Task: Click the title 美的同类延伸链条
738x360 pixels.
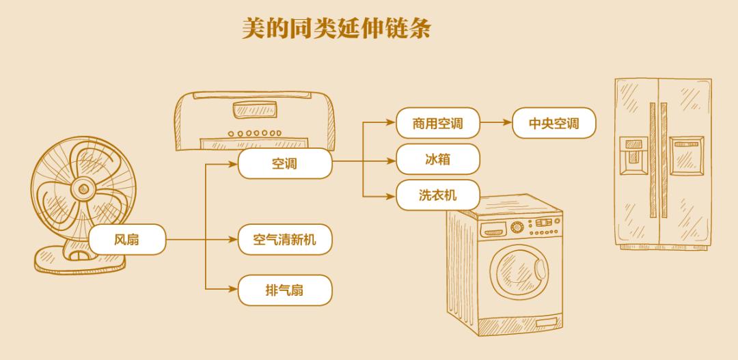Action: click(336, 28)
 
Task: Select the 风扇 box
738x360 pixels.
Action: click(126, 240)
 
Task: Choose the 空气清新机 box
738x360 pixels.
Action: click(284, 240)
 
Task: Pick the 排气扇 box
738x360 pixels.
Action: click(284, 290)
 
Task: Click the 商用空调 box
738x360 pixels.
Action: click(437, 124)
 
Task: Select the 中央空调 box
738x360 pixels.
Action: click(553, 124)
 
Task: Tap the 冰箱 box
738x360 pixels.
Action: click(437, 160)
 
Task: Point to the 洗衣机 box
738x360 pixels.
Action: click(437, 196)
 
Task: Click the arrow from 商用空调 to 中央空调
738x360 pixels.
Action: click(495, 124)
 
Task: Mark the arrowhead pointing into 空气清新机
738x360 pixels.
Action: click(232, 240)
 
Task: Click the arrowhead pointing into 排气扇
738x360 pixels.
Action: click(232, 290)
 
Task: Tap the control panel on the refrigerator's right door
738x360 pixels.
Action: click(685, 154)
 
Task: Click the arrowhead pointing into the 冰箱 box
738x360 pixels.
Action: click(392, 160)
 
